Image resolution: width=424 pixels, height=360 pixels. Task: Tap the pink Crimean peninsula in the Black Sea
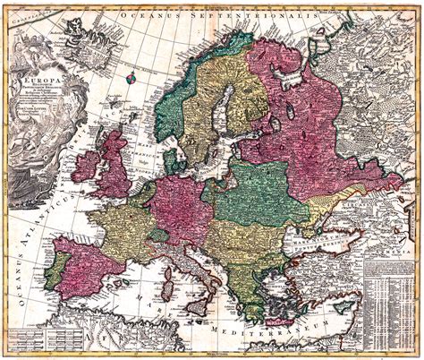(323, 235)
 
